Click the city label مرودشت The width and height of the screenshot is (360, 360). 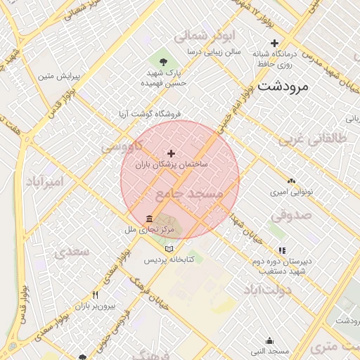click(x=284, y=87)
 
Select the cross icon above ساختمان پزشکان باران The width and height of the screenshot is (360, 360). click(x=171, y=153)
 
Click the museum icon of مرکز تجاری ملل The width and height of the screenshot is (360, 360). click(x=148, y=219)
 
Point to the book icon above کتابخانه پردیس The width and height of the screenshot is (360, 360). click(x=167, y=249)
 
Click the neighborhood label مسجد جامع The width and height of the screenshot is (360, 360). click(x=188, y=193)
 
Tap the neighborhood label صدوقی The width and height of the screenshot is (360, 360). click(x=292, y=214)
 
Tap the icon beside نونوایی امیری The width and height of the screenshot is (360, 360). click(x=291, y=181)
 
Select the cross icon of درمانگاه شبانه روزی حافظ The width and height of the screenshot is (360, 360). click(x=274, y=43)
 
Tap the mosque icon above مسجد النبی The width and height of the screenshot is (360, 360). click(x=269, y=340)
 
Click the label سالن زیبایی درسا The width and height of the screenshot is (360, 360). click(x=214, y=52)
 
